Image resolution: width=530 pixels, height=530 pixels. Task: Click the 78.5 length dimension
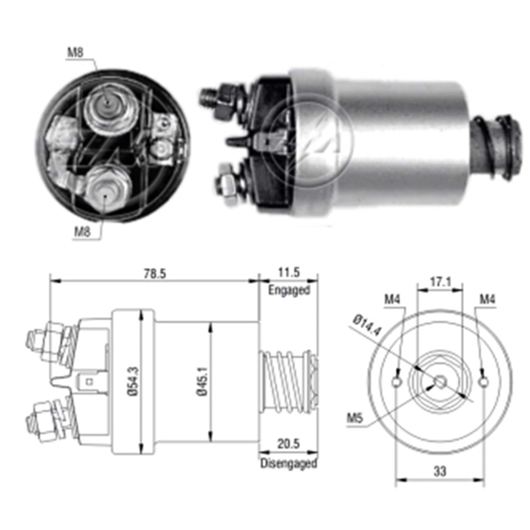(x=153, y=273)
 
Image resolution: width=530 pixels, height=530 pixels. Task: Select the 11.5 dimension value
(x=289, y=273)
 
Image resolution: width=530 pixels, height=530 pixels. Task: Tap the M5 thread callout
(x=355, y=419)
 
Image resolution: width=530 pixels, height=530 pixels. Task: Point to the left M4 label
(x=392, y=300)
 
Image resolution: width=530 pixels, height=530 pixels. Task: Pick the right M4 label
(x=487, y=300)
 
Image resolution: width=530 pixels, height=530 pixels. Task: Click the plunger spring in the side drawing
(x=286, y=381)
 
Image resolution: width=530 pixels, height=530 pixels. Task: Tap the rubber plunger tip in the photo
(x=496, y=147)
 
